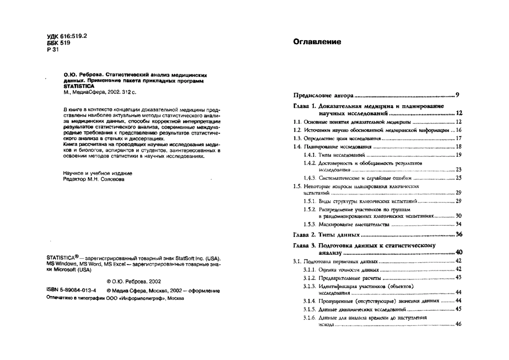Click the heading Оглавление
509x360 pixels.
(x=317, y=42)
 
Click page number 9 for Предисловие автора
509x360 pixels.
(x=458, y=94)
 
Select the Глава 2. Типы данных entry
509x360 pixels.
(x=327, y=234)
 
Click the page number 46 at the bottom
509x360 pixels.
(x=459, y=325)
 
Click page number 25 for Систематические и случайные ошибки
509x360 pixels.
(x=459, y=178)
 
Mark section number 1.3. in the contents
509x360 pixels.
(x=298, y=138)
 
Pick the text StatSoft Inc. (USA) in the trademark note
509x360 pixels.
(x=197, y=258)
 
